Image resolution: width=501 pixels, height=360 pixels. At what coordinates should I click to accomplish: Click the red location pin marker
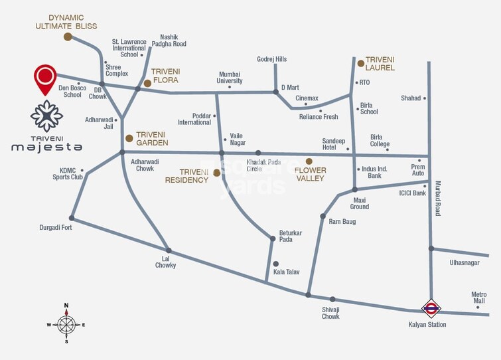coord(45,78)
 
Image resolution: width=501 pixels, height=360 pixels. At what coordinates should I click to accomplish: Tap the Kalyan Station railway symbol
coord(431,308)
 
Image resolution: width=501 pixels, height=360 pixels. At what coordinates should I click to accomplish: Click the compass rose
coord(66,324)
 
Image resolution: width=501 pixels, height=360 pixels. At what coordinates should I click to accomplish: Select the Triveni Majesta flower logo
coord(46,117)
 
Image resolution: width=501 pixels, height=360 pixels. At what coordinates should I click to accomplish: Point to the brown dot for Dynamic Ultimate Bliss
coord(68,37)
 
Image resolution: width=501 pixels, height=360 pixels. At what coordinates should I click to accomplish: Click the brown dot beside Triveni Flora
coord(147,84)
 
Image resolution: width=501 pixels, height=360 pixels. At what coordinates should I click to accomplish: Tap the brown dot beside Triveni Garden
coord(129,138)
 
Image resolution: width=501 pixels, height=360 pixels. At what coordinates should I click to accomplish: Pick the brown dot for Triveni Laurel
coord(361,63)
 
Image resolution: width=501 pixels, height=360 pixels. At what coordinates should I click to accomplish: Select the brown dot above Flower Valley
coord(309,161)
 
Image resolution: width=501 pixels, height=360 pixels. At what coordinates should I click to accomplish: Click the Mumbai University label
coord(230,78)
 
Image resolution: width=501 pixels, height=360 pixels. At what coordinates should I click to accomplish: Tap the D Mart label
coord(291,87)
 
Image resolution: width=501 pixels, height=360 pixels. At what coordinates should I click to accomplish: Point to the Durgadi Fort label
coord(56,227)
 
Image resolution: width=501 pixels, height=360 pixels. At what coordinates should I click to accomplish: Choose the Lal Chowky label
coord(165,262)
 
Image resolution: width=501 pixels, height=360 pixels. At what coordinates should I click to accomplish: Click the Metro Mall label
coord(478,298)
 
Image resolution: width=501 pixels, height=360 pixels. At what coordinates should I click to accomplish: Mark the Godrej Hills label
coord(272,59)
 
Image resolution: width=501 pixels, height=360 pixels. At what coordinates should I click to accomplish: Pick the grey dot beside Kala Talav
coord(276,264)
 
